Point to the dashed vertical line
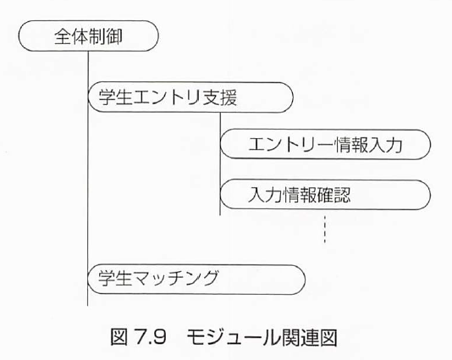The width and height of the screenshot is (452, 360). (325, 230)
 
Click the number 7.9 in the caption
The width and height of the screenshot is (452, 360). (151, 337)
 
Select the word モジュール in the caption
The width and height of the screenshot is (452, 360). (229, 337)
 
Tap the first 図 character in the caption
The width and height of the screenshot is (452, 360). (119, 337)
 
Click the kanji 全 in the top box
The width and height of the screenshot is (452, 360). (63, 36)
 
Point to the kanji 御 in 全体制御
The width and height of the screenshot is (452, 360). (114, 36)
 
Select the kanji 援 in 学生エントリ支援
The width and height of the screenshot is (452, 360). (229, 97)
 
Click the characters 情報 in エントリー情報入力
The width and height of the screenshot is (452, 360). (351, 144)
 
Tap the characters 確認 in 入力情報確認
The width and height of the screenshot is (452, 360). (333, 195)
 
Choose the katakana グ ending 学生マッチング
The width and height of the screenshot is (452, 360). (210, 278)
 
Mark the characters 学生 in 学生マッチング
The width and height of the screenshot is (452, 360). (115, 278)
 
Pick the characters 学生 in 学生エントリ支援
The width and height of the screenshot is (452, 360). (116, 97)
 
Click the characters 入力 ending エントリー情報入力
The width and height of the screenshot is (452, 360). (385, 144)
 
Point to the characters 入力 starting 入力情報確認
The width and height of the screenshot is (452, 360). (265, 195)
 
